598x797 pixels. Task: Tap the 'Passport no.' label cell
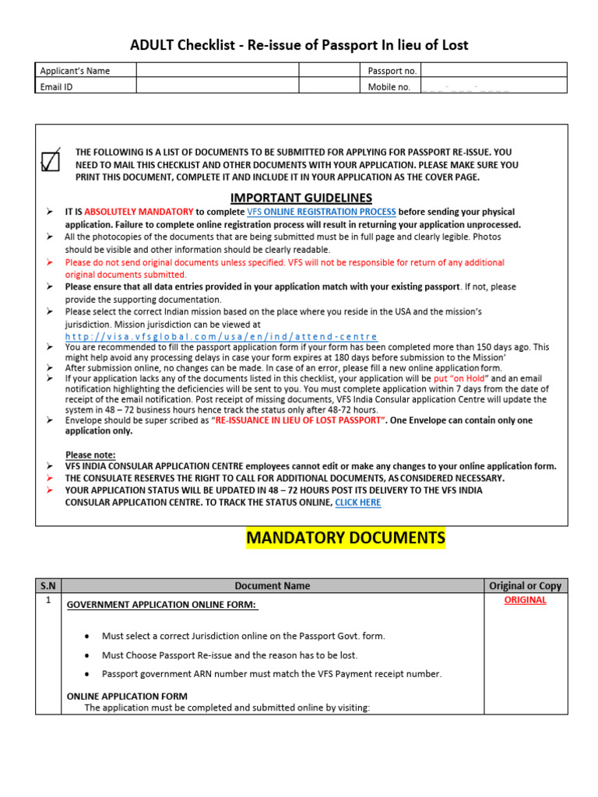tap(392, 71)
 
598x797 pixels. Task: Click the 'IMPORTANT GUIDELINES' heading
tap(301, 198)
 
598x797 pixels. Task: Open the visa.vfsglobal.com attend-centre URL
tap(221, 336)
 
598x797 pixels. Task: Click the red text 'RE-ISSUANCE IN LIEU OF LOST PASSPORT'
tap(301, 420)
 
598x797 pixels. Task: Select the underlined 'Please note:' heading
tap(90, 455)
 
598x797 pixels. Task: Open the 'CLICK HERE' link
tap(357, 503)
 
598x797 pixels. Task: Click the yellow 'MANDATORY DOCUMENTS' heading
tap(346, 539)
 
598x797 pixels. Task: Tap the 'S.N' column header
tap(48, 586)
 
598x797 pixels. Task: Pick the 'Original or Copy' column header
tap(525, 586)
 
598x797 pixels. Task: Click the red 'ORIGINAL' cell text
tap(525, 600)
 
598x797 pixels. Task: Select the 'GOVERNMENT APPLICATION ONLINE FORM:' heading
tap(162, 605)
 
